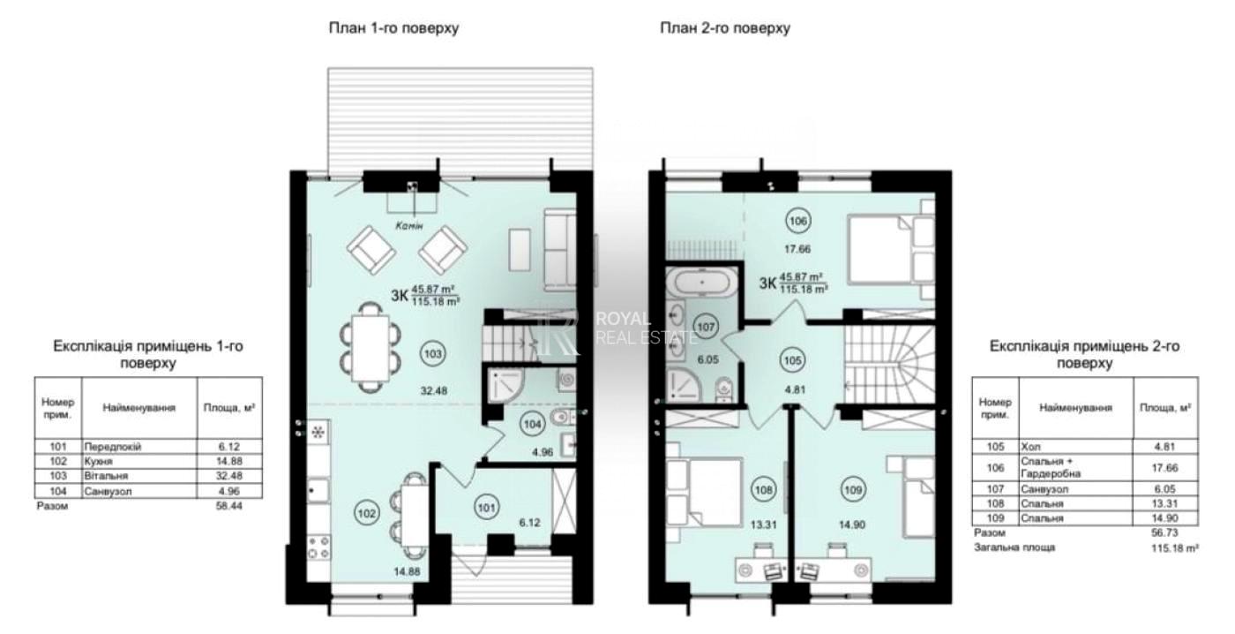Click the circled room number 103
tap(433, 354)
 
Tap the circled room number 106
tap(797, 222)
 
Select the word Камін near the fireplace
tap(409, 225)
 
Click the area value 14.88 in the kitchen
tap(407, 571)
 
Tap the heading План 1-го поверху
tap(393, 27)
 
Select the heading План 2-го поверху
tap(725, 27)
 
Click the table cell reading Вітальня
tap(106, 476)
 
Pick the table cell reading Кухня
tap(98, 461)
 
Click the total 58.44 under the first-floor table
tap(228, 505)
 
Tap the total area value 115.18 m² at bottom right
tap(1174, 548)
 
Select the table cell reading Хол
tap(1030, 447)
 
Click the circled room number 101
tap(486, 507)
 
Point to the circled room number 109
tap(853, 489)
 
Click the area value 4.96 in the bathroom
tap(543, 452)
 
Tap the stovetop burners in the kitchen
tap(318, 548)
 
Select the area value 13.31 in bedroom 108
tap(763, 525)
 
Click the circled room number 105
tap(792, 360)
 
